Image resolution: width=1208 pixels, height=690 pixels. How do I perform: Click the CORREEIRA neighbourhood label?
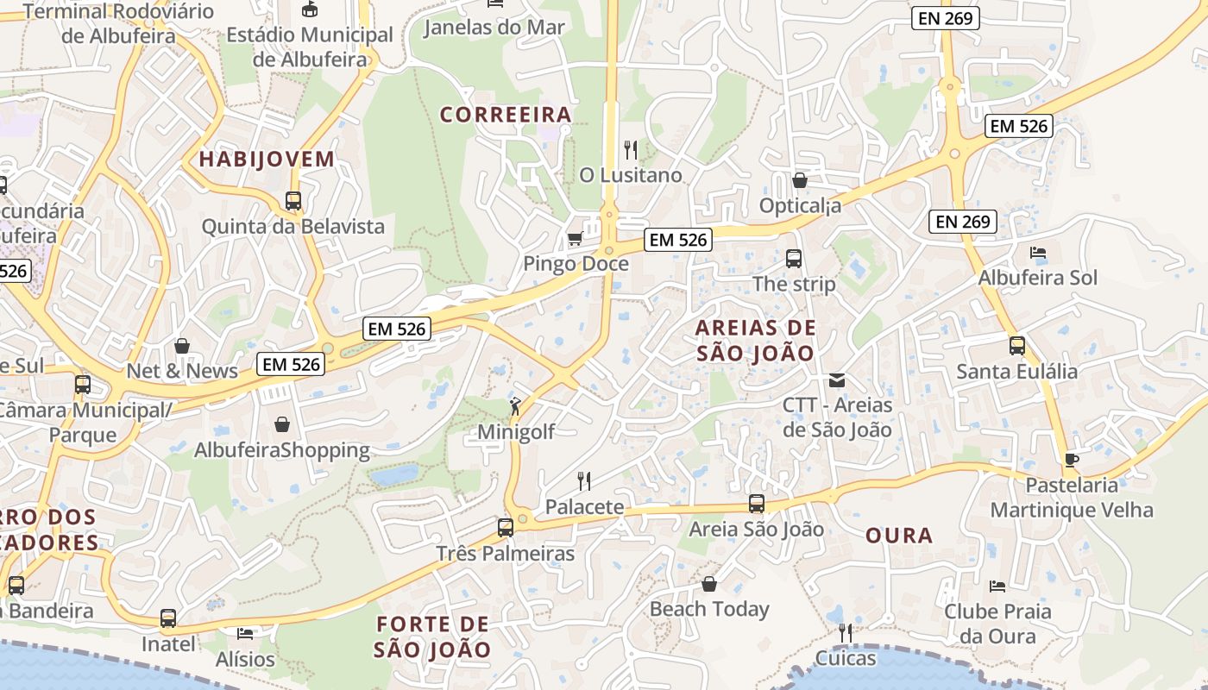coord(506,115)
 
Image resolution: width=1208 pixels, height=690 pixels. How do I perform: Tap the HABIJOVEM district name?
coord(267,159)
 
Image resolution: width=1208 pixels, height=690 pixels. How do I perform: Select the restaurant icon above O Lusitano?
coord(631,150)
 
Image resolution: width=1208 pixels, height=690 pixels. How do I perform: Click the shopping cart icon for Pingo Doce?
coord(575,238)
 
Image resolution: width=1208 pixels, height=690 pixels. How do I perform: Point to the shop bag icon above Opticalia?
coord(800,180)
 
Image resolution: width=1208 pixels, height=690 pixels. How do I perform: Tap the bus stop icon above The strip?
coord(794,258)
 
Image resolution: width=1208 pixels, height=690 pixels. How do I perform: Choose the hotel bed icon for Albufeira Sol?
coord(1038,253)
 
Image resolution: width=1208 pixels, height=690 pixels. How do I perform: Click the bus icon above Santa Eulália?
coord(1017,346)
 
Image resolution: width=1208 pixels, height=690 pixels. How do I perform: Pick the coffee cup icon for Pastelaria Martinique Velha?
coord(1072,460)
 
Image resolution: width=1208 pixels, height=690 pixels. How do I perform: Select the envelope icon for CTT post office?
coord(837,379)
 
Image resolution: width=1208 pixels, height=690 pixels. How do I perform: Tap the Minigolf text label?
coord(516,432)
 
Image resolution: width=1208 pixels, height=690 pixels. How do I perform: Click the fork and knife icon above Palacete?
coord(584,481)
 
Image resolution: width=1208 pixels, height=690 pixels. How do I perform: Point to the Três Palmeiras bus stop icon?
coord(506,528)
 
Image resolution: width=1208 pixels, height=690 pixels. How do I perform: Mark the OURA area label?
coord(899,536)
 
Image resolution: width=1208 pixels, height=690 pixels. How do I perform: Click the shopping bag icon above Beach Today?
coord(709,584)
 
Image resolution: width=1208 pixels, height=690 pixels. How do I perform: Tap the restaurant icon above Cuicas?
coord(846,633)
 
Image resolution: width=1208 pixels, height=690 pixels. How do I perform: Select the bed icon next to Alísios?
coord(245,634)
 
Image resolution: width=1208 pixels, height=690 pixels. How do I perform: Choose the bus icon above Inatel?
coord(168,618)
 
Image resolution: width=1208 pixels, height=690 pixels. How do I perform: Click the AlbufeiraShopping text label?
coord(282,450)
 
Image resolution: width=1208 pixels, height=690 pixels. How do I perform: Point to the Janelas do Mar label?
coord(494,28)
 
